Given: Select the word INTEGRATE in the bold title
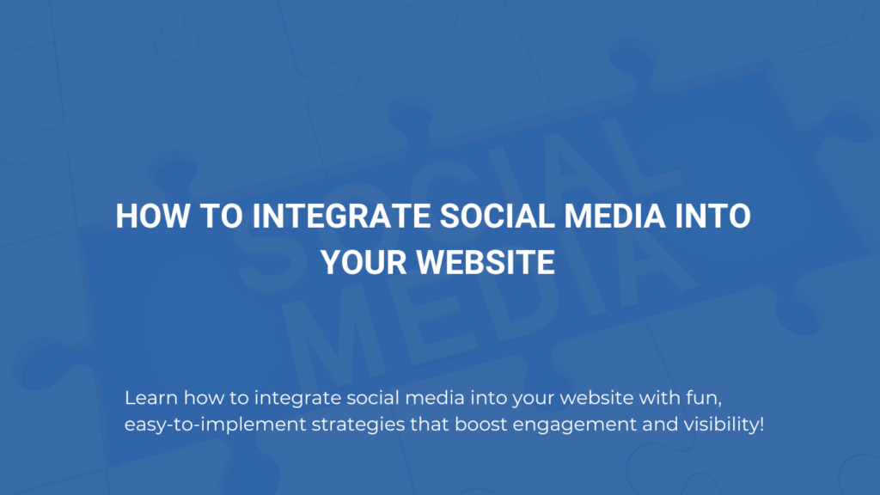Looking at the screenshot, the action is [341, 216].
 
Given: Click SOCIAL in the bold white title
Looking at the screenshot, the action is [498, 216].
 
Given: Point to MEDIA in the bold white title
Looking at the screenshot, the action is [614, 216].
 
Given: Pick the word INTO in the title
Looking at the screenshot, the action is [712, 216].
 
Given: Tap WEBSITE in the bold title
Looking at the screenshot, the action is [486, 262].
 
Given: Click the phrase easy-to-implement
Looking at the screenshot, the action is [216, 425].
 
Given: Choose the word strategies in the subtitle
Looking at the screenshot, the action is [358, 425].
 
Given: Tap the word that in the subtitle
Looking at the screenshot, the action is [430, 425].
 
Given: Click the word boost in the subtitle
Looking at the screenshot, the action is [481, 425].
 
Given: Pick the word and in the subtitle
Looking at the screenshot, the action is [659, 425].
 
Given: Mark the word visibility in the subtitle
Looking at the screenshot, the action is [721, 425].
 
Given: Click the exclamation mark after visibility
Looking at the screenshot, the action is [761, 425].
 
